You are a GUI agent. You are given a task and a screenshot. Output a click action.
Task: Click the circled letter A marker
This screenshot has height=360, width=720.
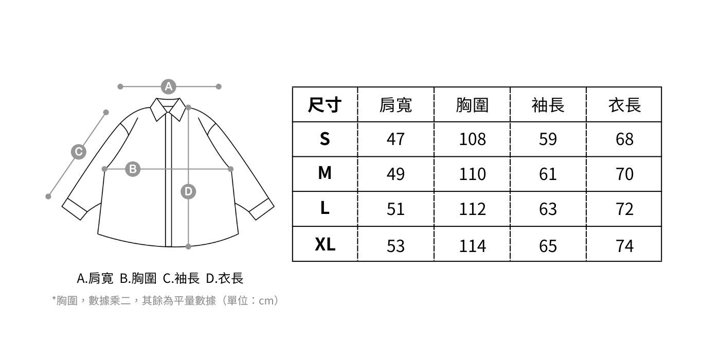(169, 86)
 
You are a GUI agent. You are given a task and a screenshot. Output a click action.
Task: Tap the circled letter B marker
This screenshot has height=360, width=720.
(133, 169)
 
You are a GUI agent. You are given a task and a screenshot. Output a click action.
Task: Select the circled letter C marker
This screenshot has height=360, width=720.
(78, 152)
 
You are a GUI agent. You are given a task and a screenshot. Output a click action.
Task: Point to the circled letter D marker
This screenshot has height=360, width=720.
(188, 192)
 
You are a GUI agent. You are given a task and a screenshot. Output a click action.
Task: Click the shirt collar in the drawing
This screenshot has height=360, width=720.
(168, 109)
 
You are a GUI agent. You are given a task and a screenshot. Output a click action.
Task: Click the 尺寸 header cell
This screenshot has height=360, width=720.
(325, 105)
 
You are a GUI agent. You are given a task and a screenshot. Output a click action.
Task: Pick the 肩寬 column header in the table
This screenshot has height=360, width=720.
(395, 105)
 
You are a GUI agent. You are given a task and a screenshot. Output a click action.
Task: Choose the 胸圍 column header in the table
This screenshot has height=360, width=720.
(472, 105)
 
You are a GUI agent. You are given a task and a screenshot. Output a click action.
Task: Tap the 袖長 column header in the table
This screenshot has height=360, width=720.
(548, 105)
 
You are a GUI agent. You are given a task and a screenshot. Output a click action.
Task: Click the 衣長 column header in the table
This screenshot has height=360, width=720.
(624, 105)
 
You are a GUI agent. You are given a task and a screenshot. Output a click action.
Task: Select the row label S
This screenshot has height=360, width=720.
(325, 139)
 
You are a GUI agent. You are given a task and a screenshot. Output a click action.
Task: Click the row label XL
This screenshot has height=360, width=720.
(325, 245)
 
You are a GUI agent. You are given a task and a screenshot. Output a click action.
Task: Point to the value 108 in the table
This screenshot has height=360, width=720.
(472, 139)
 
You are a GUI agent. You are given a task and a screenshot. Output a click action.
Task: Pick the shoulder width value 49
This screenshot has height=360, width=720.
(395, 174)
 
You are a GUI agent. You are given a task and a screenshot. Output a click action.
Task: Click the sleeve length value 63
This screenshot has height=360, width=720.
(548, 209)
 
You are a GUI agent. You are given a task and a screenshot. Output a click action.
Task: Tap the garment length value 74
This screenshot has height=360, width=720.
(624, 246)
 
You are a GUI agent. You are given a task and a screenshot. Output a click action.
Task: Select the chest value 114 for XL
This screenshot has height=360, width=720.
(472, 246)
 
